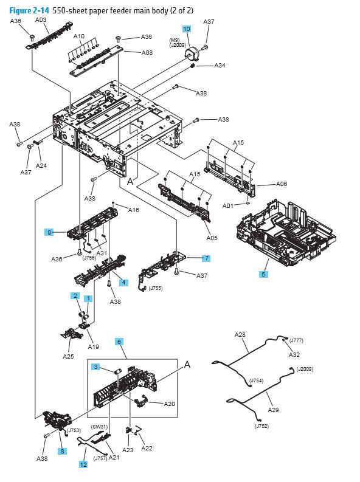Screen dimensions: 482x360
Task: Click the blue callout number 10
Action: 187,29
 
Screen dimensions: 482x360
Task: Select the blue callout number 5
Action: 263,275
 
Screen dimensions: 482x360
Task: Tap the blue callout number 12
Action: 83,464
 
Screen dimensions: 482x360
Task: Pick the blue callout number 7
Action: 206,258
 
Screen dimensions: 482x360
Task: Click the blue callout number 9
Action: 49,232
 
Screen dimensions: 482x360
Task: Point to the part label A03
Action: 41,19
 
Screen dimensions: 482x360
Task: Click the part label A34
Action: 220,66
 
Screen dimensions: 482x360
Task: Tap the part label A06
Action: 282,184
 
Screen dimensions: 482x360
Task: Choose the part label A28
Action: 240,335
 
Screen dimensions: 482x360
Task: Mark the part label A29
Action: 274,410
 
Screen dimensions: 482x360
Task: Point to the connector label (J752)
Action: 261,427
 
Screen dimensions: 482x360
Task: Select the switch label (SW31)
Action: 100,427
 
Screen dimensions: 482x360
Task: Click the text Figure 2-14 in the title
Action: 29,9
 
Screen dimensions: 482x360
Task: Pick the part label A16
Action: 133,210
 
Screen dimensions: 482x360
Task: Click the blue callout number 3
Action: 96,367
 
